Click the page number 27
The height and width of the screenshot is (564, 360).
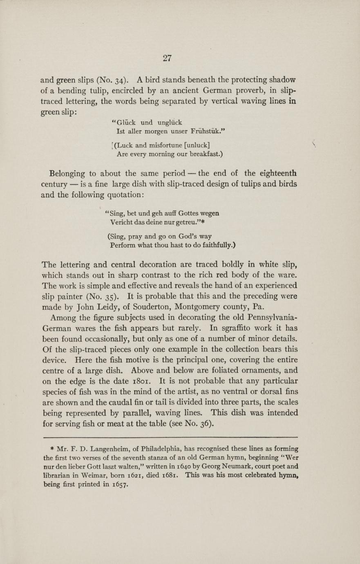tap(167, 58)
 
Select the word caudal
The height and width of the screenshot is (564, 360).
tap(140, 402)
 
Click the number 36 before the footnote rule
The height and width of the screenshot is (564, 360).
tap(205, 424)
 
